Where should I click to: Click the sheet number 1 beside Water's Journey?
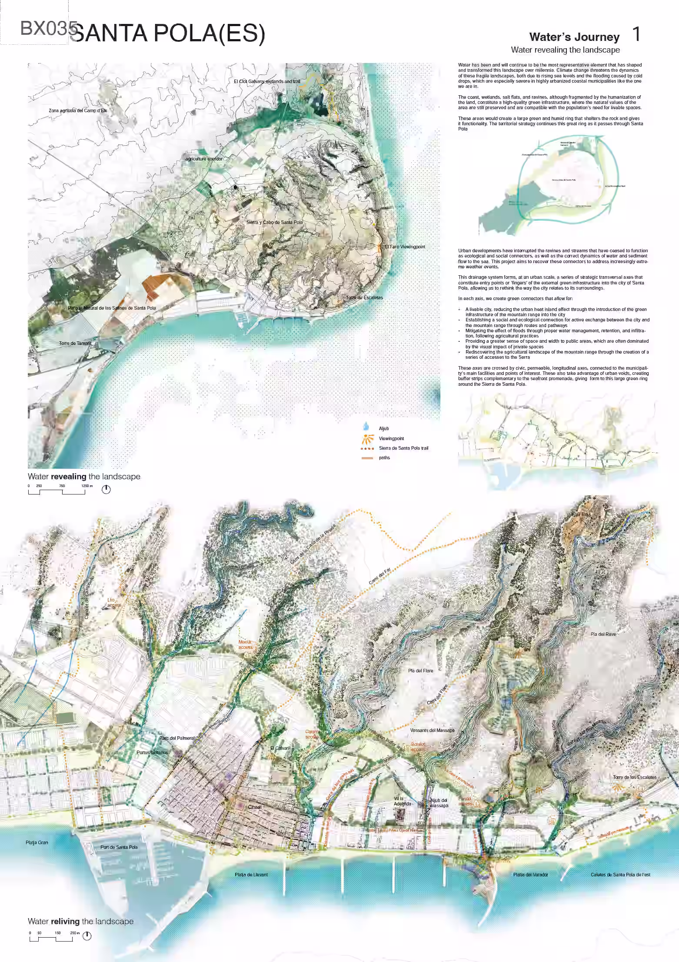point(636,35)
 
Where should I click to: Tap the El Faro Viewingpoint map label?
point(405,247)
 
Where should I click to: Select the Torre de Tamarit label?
point(75,343)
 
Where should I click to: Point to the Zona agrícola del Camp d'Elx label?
point(78,110)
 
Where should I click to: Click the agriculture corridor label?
point(204,159)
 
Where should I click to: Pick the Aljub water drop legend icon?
point(366,427)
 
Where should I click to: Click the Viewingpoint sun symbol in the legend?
point(368,438)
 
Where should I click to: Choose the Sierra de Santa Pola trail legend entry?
point(403,448)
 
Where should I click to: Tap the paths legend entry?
point(384,458)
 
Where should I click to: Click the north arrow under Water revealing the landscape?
point(106,490)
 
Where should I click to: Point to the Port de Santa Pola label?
point(119,847)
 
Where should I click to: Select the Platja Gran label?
point(37,842)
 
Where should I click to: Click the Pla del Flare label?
point(420,670)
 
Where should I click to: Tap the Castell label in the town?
point(254,807)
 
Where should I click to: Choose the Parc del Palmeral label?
point(176,738)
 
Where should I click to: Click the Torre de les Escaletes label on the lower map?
point(634,777)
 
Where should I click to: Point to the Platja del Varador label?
point(530,875)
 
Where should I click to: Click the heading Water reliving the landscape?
point(80,921)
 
